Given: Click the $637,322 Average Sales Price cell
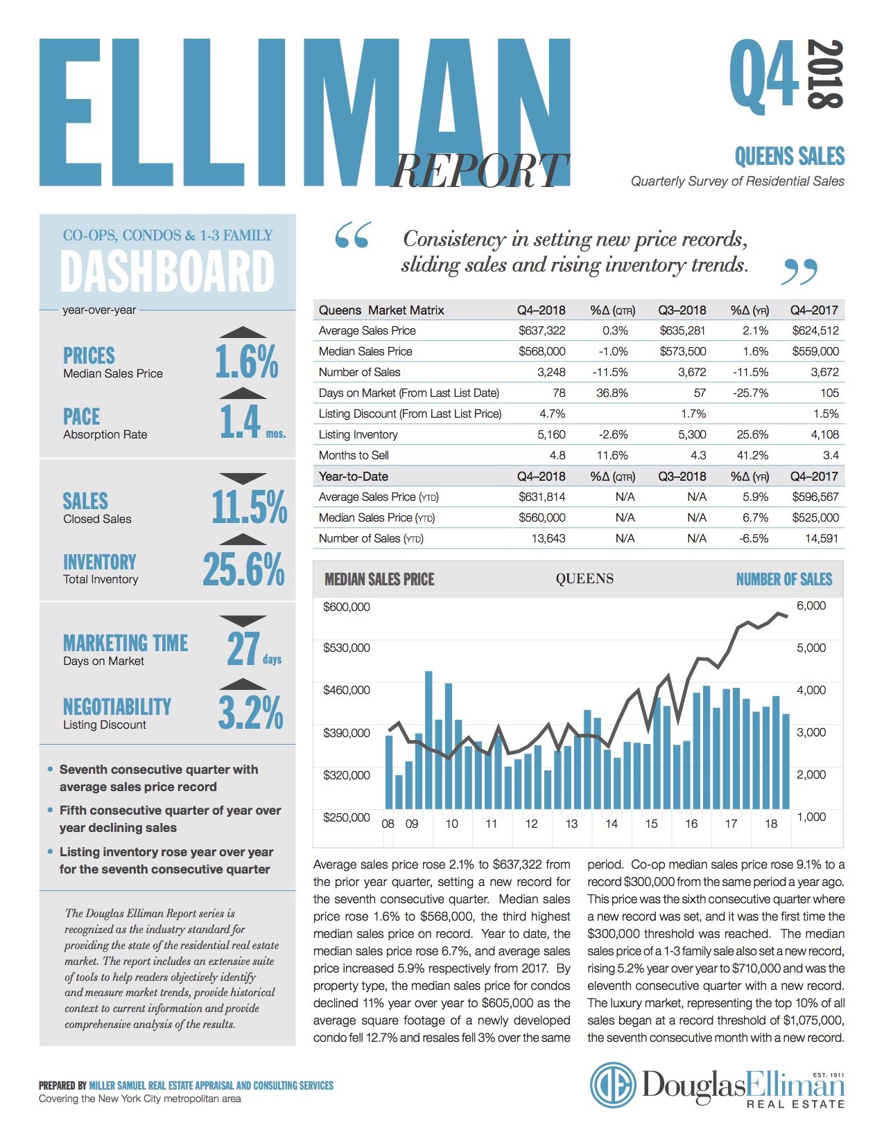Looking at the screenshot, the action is click(541, 330).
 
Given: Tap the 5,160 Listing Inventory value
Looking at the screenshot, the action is click(551, 434).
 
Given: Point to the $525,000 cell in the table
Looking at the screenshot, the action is click(815, 517).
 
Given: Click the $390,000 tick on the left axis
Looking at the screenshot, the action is click(346, 732).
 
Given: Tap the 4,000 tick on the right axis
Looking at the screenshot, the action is click(811, 689).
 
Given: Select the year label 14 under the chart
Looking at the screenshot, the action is click(611, 824).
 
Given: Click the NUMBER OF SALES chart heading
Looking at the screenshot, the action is click(783, 579).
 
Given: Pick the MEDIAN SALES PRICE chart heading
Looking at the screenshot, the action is click(379, 579).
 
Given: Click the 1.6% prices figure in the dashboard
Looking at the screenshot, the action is click(246, 362).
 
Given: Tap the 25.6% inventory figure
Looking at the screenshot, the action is click(244, 569).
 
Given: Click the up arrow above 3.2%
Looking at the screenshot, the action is click(243, 684).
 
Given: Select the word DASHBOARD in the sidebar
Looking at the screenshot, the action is click(167, 271).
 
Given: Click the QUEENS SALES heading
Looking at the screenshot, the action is click(789, 157).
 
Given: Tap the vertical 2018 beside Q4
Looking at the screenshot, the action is click(825, 74).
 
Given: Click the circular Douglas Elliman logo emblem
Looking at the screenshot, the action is click(613, 1085).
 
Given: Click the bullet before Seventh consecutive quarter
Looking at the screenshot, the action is click(50, 769).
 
